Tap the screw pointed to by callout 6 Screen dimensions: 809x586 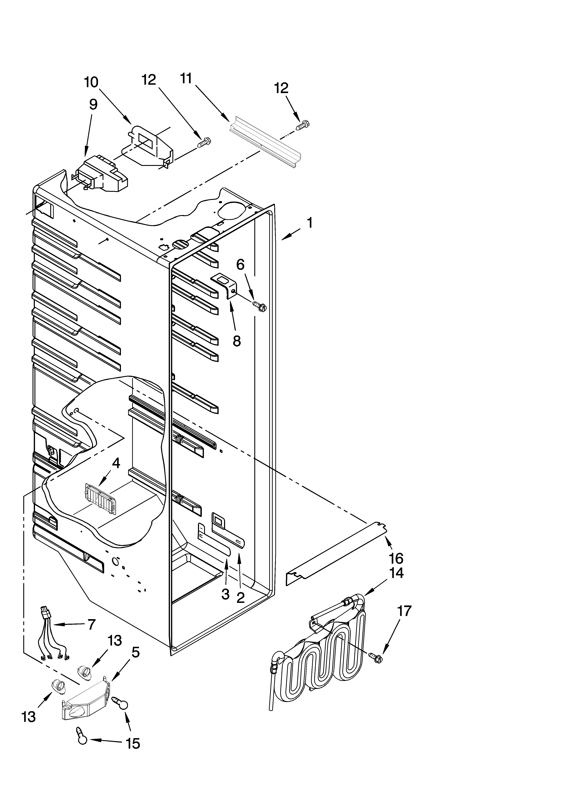(260, 306)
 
